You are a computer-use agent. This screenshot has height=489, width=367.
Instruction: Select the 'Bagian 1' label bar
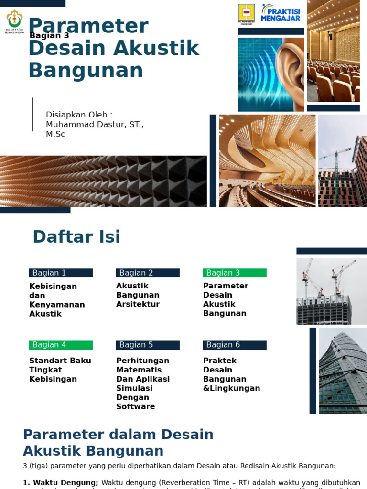[x=61, y=273]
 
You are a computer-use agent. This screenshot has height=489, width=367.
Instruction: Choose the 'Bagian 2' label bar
[x=148, y=273]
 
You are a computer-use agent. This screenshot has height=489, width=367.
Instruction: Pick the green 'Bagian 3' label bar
[x=235, y=273]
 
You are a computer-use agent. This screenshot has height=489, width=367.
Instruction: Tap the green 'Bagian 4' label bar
[x=61, y=345]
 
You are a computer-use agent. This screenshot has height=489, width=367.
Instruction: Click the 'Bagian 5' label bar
[x=148, y=345]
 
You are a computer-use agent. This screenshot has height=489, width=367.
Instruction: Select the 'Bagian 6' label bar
[x=235, y=345]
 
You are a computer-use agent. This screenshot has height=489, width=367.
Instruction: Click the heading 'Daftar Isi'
[x=76, y=236]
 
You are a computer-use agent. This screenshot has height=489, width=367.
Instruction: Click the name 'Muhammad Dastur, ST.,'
[x=95, y=124]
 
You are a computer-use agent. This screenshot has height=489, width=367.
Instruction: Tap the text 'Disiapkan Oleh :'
[x=79, y=115]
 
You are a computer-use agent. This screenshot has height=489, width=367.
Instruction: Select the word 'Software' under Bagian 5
[x=136, y=406]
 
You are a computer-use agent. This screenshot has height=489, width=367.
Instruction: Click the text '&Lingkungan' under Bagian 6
[x=232, y=388]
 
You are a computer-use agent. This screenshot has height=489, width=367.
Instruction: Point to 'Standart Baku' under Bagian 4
[x=60, y=361]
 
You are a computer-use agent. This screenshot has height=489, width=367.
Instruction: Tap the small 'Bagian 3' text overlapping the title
[x=49, y=35]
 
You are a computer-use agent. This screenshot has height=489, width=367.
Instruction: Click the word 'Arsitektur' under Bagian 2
[x=138, y=304]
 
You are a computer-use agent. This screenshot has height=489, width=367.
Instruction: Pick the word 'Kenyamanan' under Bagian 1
[x=57, y=305]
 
